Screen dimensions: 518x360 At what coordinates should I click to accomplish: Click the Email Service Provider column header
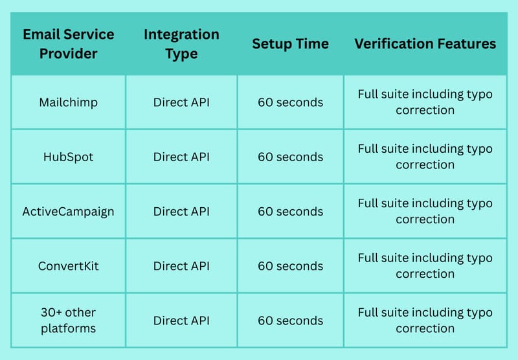(69, 44)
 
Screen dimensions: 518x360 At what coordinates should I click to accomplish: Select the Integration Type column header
(181, 44)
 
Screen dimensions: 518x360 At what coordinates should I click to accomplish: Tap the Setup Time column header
(290, 44)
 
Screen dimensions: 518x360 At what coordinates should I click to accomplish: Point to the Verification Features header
(425, 44)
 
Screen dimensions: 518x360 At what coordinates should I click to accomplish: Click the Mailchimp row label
(69, 102)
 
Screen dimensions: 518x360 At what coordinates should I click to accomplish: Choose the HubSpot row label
(69, 157)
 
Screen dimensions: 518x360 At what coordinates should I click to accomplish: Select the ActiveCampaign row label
(69, 211)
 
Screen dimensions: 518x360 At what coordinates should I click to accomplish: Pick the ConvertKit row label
(69, 266)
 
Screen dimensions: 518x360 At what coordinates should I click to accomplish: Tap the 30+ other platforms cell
(69, 321)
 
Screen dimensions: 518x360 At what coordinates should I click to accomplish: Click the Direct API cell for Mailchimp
(181, 102)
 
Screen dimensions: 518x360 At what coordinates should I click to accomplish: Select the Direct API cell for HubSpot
(181, 157)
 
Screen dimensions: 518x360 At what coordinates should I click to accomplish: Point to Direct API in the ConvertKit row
(181, 266)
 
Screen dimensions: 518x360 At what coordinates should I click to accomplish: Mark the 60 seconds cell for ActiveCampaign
(290, 211)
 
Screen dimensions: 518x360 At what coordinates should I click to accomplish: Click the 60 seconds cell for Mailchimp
(290, 102)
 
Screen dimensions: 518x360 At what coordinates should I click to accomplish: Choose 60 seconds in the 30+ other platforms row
(290, 321)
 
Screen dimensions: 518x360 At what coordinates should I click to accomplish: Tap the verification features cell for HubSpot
(425, 157)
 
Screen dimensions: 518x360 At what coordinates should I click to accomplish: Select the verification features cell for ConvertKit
(425, 265)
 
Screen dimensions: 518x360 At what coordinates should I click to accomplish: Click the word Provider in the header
(69, 54)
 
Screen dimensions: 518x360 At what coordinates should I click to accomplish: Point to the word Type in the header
(181, 54)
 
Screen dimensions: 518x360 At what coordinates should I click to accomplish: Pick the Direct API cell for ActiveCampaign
(181, 211)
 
